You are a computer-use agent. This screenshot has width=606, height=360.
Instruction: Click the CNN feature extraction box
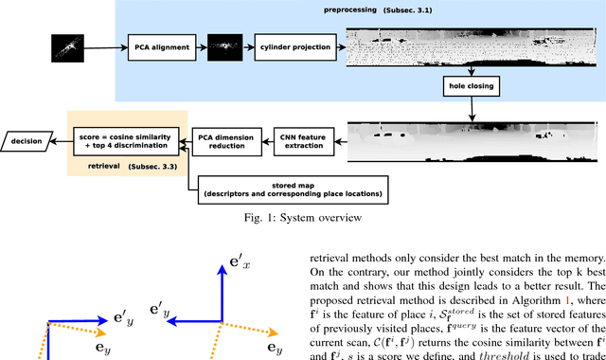(x=303, y=139)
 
